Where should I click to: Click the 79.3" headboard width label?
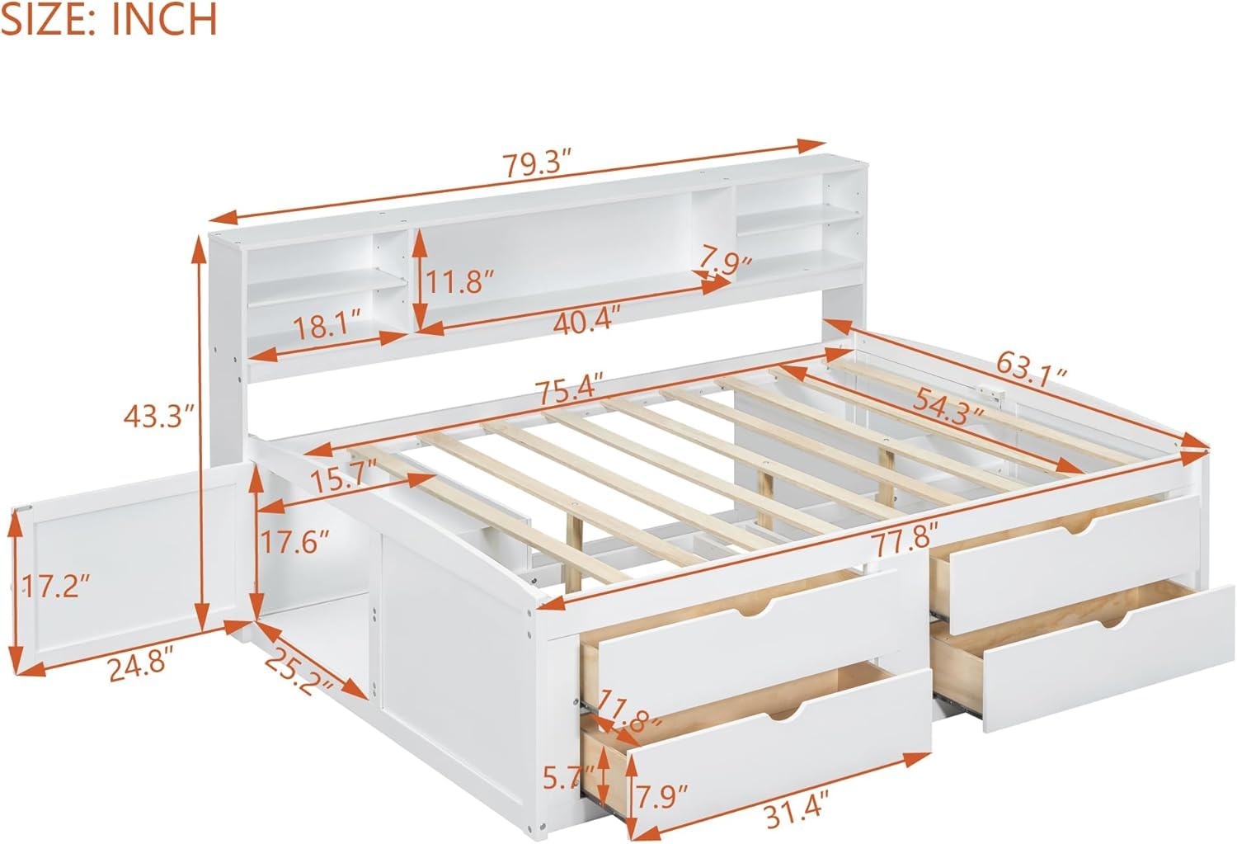point(535,164)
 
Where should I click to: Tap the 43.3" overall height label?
point(159,416)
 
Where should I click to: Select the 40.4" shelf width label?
point(587,318)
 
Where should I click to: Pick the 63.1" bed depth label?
point(1032,369)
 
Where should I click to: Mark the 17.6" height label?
point(294,542)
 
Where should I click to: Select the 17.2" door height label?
point(55,586)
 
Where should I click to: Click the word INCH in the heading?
point(165,19)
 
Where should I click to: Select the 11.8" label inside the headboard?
point(459,281)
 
